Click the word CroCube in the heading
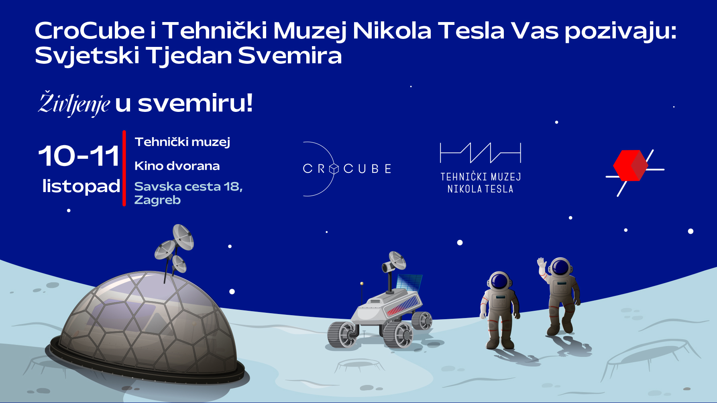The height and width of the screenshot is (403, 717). point(90,30)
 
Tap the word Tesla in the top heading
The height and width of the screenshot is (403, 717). point(471,30)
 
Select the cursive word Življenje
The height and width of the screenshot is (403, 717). point(74,103)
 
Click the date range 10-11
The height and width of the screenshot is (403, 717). point(79,156)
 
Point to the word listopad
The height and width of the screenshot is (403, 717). point(81,186)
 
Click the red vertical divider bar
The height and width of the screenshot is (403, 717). point(124,168)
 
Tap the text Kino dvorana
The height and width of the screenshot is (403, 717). point(177,166)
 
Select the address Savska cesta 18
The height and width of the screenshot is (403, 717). point(187,186)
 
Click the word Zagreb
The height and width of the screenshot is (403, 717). point(157,200)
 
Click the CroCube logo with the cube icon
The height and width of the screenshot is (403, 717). point(346,169)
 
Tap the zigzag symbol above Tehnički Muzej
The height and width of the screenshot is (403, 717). point(481,153)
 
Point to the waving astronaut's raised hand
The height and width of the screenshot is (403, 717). point(542,263)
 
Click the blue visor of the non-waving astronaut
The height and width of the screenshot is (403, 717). point(499,281)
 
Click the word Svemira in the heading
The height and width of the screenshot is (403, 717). point(290,55)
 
